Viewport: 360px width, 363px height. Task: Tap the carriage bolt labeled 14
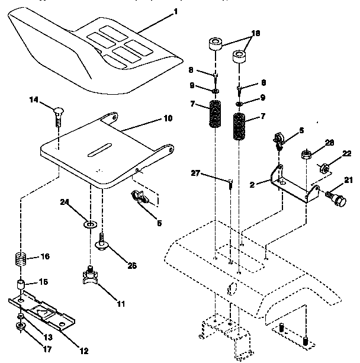click(x=58, y=115)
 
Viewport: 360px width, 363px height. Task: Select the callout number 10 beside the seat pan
click(x=168, y=118)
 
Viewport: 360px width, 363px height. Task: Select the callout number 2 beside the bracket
click(x=252, y=184)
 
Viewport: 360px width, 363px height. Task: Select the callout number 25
click(x=133, y=266)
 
